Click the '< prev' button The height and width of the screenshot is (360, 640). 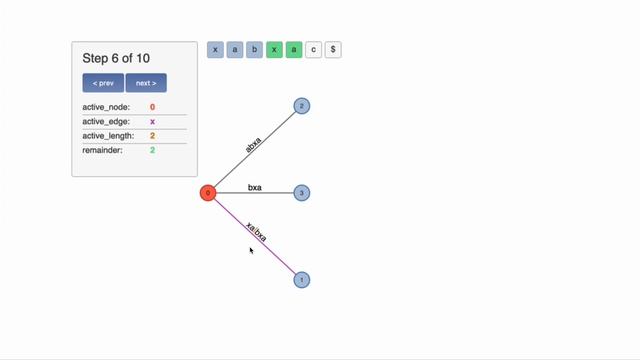tap(103, 83)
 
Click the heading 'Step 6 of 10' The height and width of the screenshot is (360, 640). tap(116, 58)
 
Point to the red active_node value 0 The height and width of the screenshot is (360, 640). tap(153, 107)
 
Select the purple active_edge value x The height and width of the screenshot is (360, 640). tap(153, 121)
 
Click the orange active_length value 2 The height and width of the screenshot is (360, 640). tap(153, 136)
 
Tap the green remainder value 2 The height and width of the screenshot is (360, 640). tap(153, 150)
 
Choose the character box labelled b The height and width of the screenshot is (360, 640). tap(254, 49)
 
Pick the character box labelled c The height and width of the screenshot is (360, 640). tap(313, 49)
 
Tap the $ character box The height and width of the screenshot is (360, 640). tap(333, 49)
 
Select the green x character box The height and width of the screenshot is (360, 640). tap(274, 49)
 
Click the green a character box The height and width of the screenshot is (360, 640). tap(294, 49)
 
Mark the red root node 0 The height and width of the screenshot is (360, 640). tap(208, 192)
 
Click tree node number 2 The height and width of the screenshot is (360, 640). tap(302, 106)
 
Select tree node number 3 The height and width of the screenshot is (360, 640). tap(302, 192)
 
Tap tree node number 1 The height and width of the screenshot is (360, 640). tap(302, 280)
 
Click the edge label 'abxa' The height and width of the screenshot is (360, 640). tap(254, 144)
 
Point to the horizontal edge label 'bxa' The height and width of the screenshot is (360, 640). tap(255, 187)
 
